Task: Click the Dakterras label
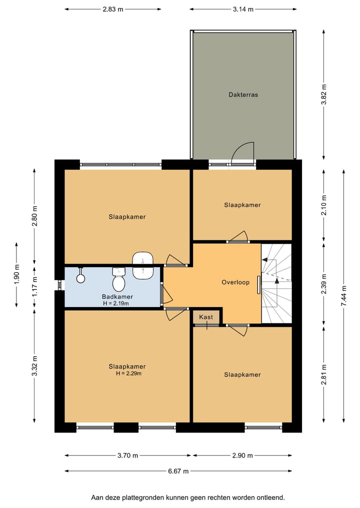(243, 94)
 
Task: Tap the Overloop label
(235, 282)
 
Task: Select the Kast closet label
(206, 317)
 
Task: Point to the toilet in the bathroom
(118, 280)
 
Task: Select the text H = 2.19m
(116, 303)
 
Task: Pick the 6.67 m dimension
(178, 471)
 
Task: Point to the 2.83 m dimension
(112, 9)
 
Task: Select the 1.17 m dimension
(34, 287)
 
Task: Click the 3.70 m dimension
(127, 455)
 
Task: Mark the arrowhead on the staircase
(265, 260)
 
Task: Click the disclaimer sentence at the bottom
(187, 498)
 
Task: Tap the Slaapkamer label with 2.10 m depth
(242, 205)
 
